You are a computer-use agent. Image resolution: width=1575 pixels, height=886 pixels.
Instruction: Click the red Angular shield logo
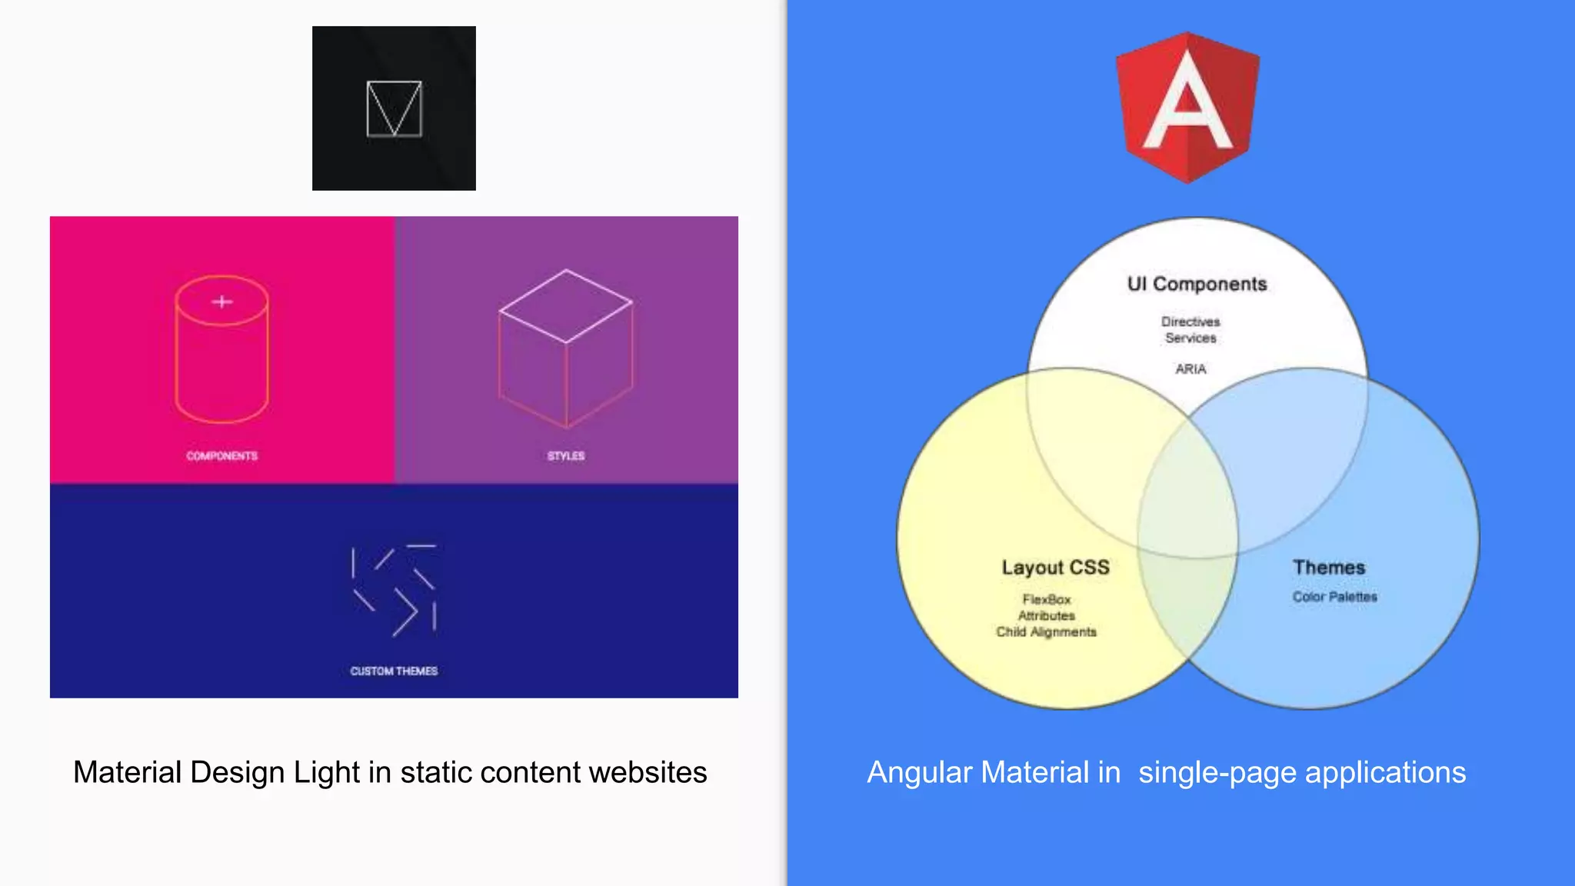pyautogui.click(x=1187, y=107)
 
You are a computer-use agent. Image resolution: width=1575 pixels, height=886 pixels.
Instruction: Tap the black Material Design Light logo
pyautogui.click(x=394, y=108)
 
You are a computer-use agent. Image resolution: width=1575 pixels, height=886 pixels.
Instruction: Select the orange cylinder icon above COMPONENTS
pyautogui.click(x=221, y=350)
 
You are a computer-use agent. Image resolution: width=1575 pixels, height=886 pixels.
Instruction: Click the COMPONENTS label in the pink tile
pyautogui.click(x=221, y=456)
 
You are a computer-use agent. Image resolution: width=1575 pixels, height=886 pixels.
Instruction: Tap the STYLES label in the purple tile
pyautogui.click(x=566, y=456)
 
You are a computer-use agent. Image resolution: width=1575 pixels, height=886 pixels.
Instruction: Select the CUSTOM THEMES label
pyautogui.click(x=394, y=671)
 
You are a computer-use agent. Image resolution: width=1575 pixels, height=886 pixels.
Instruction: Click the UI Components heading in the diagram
pyautogui.click(x=1197, y=285)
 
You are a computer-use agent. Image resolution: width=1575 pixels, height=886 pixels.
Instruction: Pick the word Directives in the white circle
pyautogui.click(x=1190, y=321)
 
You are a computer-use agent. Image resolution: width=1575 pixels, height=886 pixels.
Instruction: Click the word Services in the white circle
pyautogui.click(x=1190, y=338)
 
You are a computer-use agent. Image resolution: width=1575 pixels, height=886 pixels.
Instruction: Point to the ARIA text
pyautogui.click(x=1190, y=369)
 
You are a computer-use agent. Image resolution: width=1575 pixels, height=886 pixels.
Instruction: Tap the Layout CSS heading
pyautogui.click(x=1055, y=568)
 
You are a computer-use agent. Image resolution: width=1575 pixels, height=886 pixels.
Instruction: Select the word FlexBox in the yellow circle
pyautogui.click(x=1046, y=599)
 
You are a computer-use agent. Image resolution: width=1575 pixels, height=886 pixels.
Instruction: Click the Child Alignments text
pyautogui.click(x=1046, y=632)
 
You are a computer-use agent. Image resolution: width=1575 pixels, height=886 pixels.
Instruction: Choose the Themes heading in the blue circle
pyautogui.click(x=1329, y=568)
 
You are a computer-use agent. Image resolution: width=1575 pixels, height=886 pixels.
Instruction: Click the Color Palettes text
pyautogui.click(x=1334, y=597)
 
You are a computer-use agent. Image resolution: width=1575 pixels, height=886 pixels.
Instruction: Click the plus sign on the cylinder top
pyautogui.click(x=222, y=302)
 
